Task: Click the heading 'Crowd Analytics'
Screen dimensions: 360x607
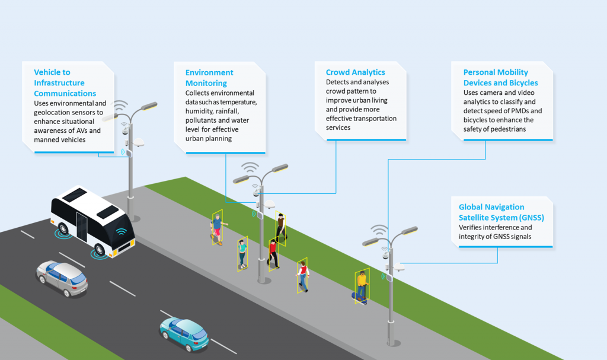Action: [x=355, y=72]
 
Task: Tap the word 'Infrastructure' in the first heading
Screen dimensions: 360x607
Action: [x=59, y=83]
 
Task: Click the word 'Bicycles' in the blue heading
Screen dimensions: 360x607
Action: [x=520, y=83]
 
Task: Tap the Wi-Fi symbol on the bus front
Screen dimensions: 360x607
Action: [x=122, y=232]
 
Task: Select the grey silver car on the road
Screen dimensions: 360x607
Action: [x=62, y=278]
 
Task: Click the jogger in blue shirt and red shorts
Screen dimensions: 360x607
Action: [x=218, y=228]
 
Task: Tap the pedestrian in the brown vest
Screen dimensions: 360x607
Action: [x=280, y=227]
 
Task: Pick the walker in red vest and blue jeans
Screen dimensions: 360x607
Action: [x=303, y=276]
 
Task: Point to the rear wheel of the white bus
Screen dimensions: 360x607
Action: [x=63, y=229]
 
